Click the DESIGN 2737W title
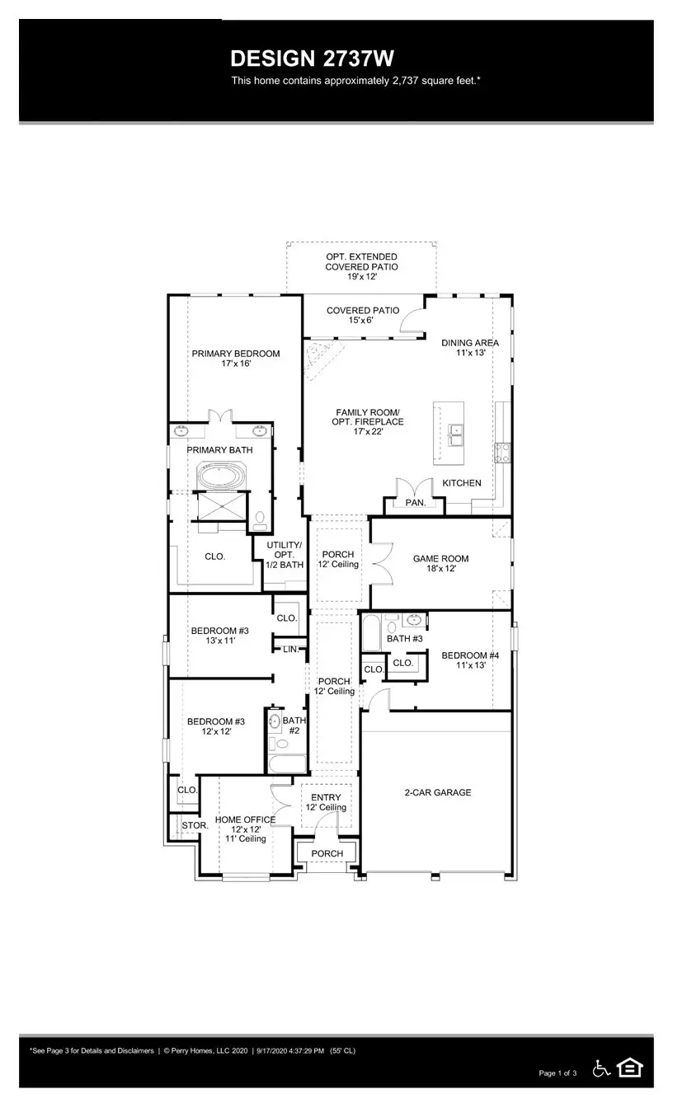[x=313, y=59]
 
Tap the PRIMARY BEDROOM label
[x=236, y=354]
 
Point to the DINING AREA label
[x=470, y=343]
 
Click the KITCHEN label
[x=462, y=483]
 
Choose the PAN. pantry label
[x=416, y=503]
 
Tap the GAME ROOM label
[x=441, y=558]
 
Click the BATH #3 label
[x=405, y=639]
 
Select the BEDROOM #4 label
[x=471, y=655]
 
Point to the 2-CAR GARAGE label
[x=438, y=792]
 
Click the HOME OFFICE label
[x=245, y=819]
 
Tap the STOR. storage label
[x=195, y=825]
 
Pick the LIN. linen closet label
[x=291, y=649]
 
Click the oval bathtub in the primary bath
[x=221, y=476]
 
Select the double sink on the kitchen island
[x=455, y=434]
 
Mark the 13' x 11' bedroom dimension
[x=220, y=641]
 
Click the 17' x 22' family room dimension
[x=368, y=431]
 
